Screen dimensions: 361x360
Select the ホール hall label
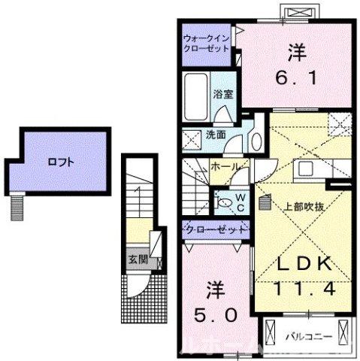click(x=226, y=166)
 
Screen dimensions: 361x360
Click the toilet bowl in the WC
click(x=225, y=202)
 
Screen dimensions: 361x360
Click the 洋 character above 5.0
click(x=213, y=288)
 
